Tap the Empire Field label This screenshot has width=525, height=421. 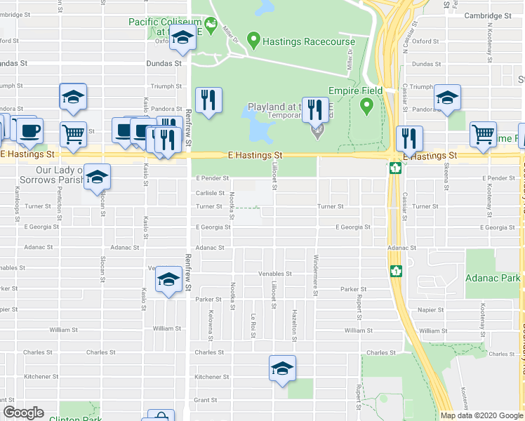(x=356, y=91)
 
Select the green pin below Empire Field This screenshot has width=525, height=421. (x=366, y=107)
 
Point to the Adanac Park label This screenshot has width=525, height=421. (x=493, y=278)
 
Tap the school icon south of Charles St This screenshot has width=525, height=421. (x=282, y=368)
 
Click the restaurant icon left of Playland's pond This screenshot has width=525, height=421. (x=207, y=100)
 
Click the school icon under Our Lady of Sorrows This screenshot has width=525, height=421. (x=98, y=178)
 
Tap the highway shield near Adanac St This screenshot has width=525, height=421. (x=395, y=270)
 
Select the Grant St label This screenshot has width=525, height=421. (x=206, y=400)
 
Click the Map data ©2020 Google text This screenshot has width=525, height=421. (x=481, y=415)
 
